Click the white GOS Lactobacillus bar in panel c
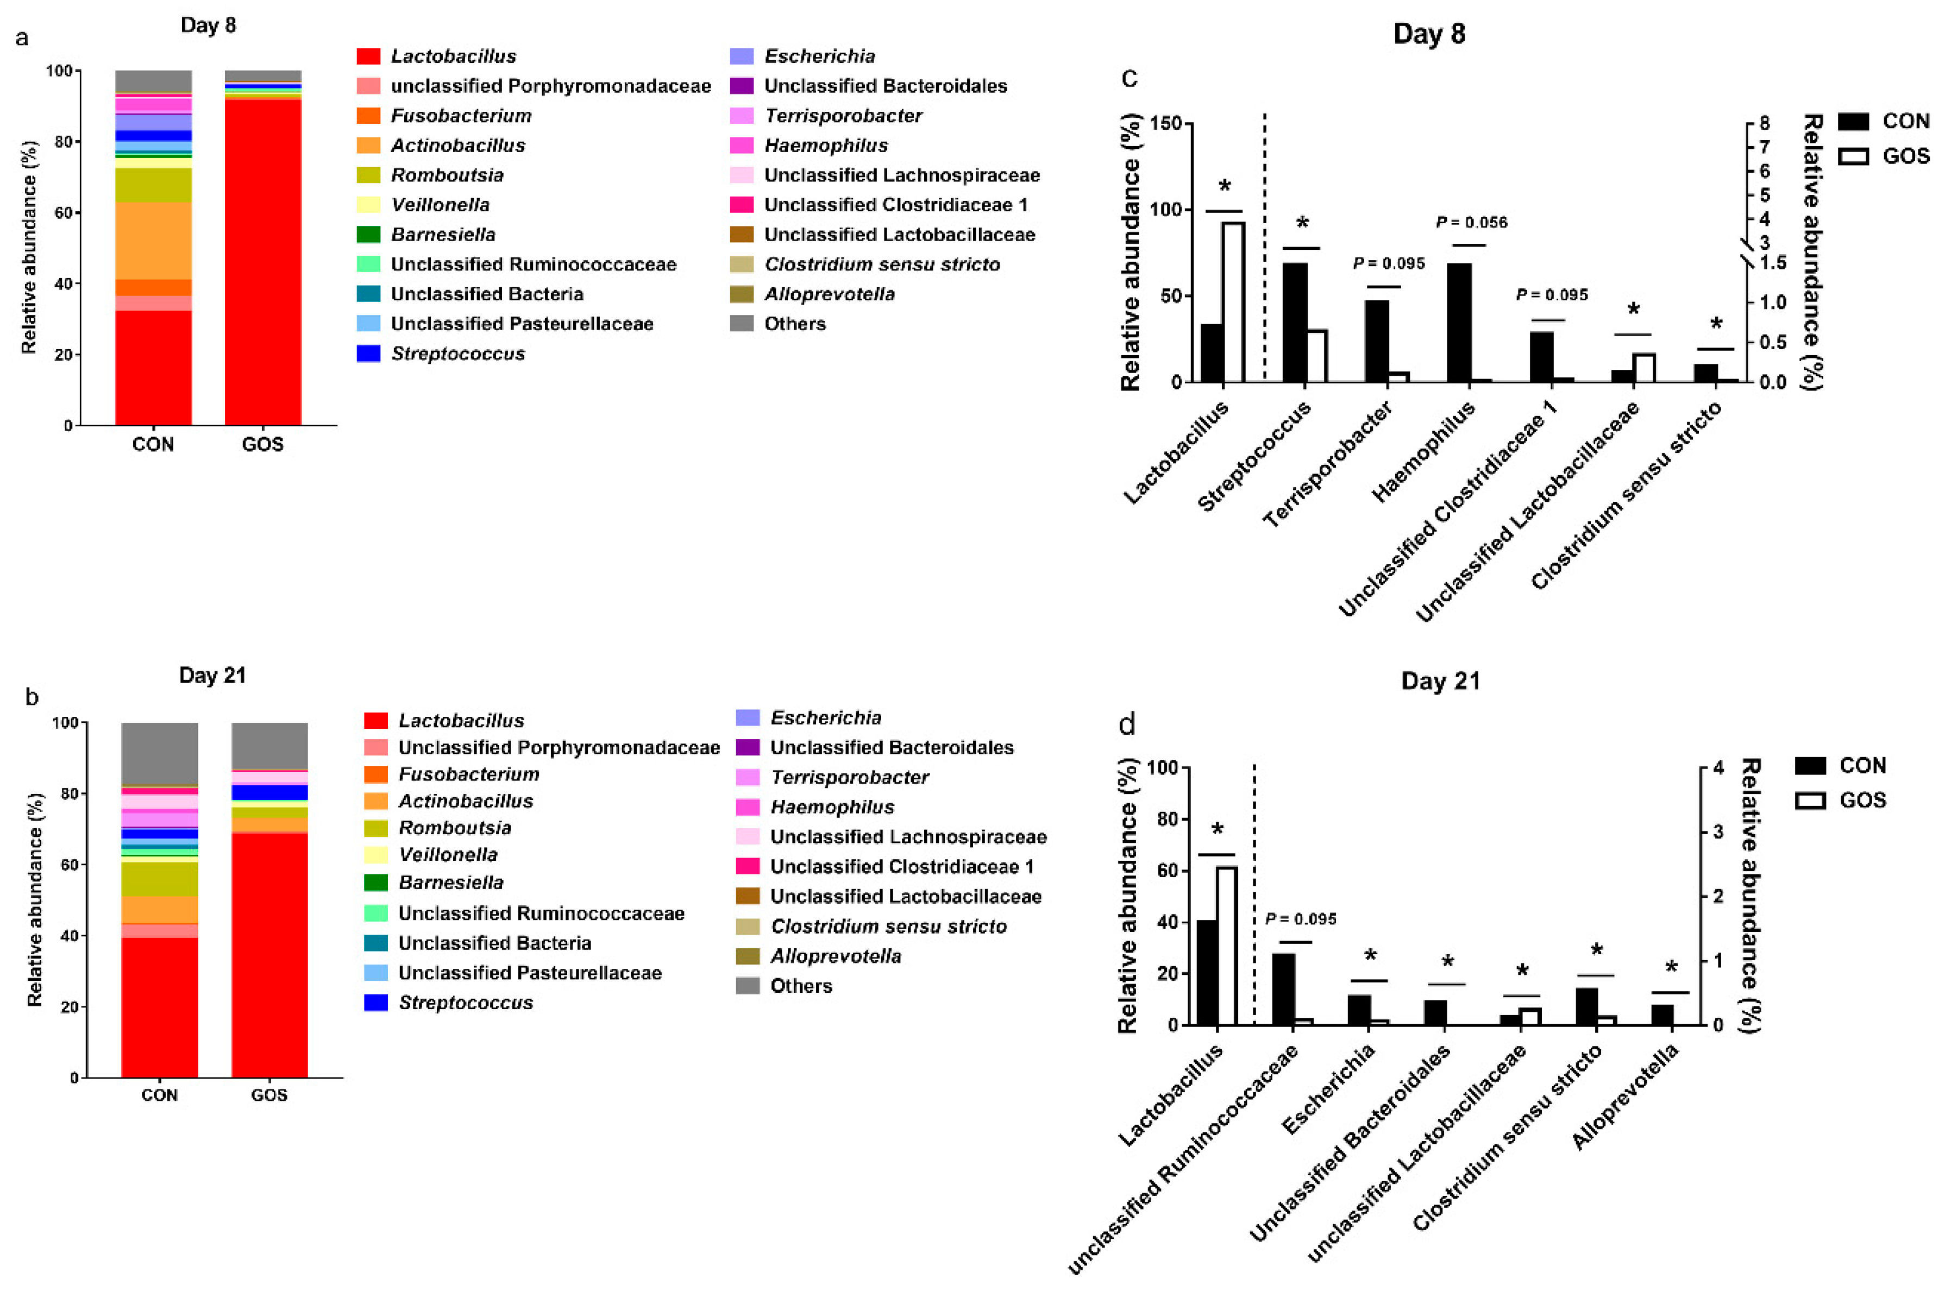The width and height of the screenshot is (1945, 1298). (1233, 302)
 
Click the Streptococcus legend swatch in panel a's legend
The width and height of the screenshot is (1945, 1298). (368, 354)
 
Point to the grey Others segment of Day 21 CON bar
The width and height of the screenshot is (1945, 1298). (159, 753)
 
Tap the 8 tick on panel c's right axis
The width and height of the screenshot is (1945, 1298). (1765, 123)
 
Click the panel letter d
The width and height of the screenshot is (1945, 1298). (1127, 725)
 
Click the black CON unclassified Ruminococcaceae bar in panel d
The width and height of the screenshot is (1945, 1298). (1283, 988)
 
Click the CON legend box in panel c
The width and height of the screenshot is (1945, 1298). (1853, 122)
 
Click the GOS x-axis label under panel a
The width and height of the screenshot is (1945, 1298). (262, 445)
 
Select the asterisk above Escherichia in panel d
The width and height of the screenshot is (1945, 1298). (1370, 957)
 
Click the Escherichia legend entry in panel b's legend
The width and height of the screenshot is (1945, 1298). (825, 718)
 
